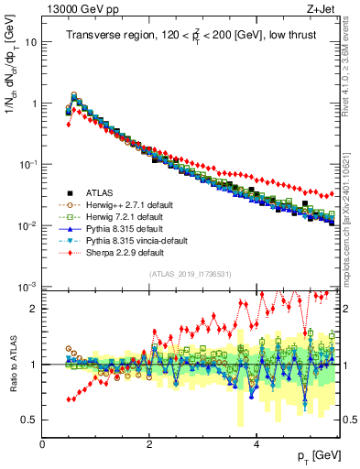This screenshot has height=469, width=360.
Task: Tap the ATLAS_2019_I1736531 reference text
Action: pyautogui.click(x=191, y=275)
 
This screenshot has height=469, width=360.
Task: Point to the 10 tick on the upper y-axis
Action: pyautogui.click(x=30, y=42)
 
